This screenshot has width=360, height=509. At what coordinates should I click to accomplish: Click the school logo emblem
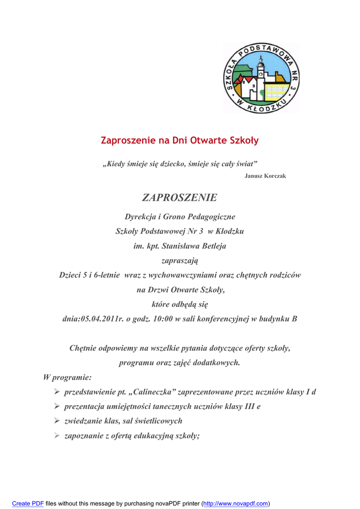(261, 78)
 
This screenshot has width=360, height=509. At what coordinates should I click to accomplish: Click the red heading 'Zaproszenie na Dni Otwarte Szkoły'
(180, 141)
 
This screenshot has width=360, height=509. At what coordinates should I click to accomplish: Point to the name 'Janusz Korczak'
(265, 176)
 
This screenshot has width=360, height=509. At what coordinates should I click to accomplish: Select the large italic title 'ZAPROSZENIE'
(180, 198)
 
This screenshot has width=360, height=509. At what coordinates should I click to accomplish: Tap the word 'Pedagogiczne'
(212, 217)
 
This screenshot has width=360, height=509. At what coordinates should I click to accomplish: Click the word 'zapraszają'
(180, 260)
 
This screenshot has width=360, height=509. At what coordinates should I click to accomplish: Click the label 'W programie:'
(67, 377)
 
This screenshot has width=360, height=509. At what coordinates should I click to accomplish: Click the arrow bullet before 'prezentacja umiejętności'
(57, 407)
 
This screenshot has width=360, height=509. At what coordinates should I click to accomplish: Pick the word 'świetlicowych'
(159, 421)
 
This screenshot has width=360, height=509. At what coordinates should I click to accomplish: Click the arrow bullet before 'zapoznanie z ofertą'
(57, 436)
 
